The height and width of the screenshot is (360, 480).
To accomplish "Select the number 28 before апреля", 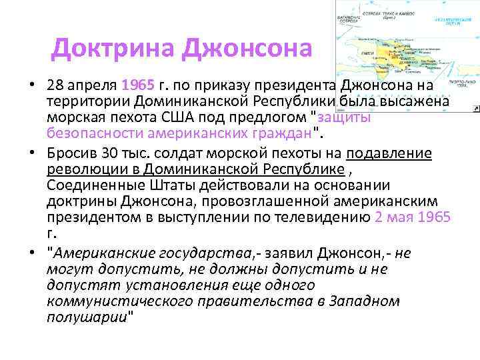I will pyautogui.click(x=55, y=87).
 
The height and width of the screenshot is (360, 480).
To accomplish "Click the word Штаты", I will pyautogui.click(x=167, y=185).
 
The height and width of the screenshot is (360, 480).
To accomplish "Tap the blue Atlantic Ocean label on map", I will pyautogui.click(x=447, y=21).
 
